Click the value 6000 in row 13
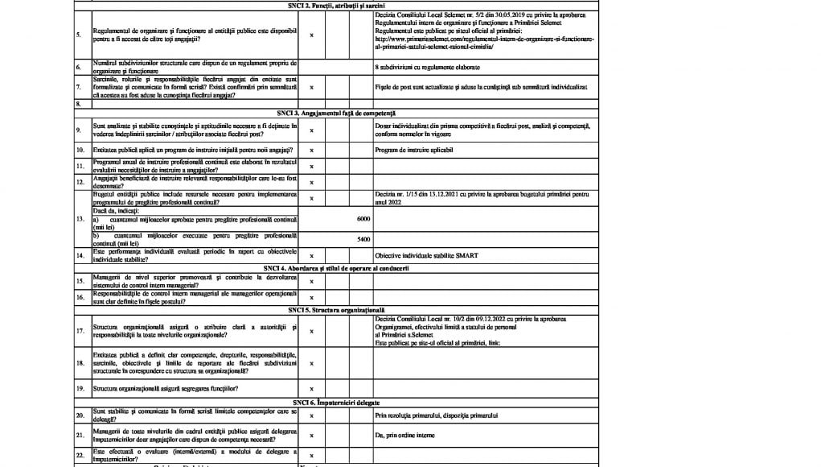(363, 219)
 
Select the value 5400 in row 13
(363, 240)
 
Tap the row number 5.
(78, 35)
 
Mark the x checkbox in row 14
(312, 256)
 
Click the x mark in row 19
(312, 389)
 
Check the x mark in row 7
(312, 87)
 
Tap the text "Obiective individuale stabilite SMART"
(426, 256)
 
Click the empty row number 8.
(78, 104)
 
